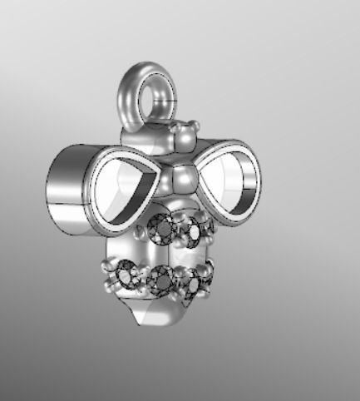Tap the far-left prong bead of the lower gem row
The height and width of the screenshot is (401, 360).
tap(106, 268)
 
